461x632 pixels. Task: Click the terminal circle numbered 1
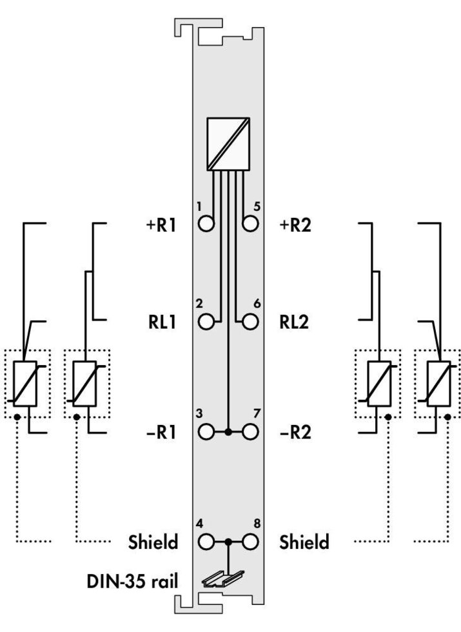point(206,224)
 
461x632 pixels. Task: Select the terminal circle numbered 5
point(250,224)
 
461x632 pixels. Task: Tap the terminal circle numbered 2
point(206,321)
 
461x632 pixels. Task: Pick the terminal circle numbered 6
point(250,321)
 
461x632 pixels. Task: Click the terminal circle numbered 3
point(206,431)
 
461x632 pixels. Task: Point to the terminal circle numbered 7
point(250,431)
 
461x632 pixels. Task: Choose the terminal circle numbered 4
point(206,541)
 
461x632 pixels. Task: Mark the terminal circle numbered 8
point(250,541)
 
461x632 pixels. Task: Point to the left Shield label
point(153,542)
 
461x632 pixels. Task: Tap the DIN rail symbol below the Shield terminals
point(228,579)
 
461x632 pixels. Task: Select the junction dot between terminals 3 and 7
point(228,431)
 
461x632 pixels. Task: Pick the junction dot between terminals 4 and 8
point(228,541)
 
